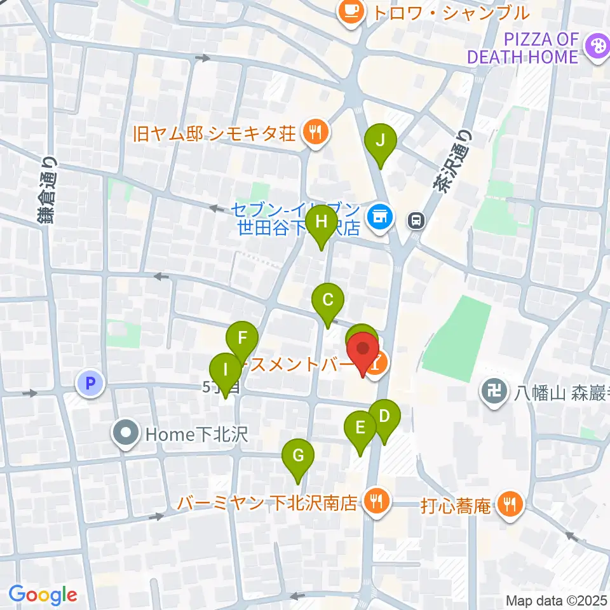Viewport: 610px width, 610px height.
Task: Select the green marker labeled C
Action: tap(328, 300)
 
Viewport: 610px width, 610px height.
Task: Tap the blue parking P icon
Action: tap(90, 383)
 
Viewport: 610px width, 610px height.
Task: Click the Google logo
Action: tap(43, 595)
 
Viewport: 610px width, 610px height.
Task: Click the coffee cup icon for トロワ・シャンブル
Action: tap(350, 10)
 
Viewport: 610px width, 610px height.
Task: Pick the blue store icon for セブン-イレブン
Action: tap(381, 217)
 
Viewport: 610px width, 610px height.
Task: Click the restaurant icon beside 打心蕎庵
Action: tap(510, 505)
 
